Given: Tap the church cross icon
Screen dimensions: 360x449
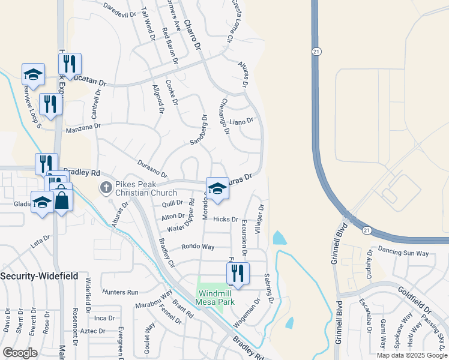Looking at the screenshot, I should (106, 188).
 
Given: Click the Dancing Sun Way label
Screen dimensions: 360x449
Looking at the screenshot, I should (403, 251).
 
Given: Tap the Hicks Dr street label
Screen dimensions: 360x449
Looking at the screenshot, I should (226, 220).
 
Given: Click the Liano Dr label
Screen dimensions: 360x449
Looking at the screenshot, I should (242, 122).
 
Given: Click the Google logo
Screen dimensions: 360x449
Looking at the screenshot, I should (20, 352).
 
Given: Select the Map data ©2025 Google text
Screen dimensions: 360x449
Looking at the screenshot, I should (412, 355).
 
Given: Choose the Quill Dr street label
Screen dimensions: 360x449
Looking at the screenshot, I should (172, 203).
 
